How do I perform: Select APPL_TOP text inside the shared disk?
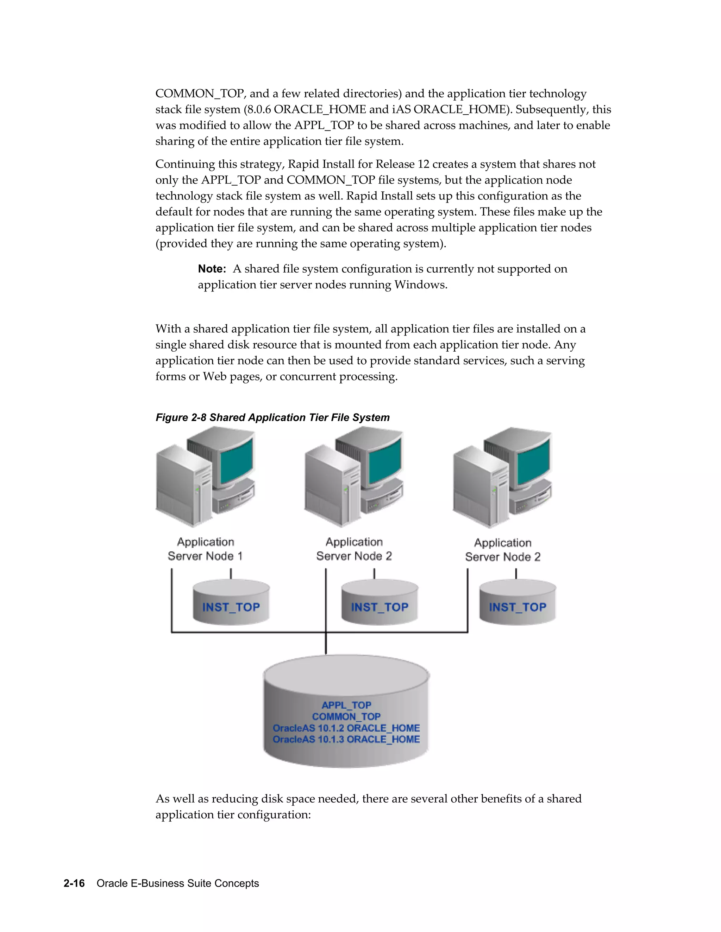click(x=346, y=705)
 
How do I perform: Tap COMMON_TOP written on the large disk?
click(x=346, y=716)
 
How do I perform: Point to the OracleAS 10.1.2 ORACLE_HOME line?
click(x=346, y=728)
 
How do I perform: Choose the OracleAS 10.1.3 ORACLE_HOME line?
click(x=346, y=740)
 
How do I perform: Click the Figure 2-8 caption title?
click(x=272, y=417)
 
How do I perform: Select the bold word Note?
click(x=212, y=269)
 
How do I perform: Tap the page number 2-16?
click(x=74, y=883)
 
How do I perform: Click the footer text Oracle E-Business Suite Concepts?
click(x=178, y=883)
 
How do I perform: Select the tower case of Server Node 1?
click(x=184, y=486)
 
